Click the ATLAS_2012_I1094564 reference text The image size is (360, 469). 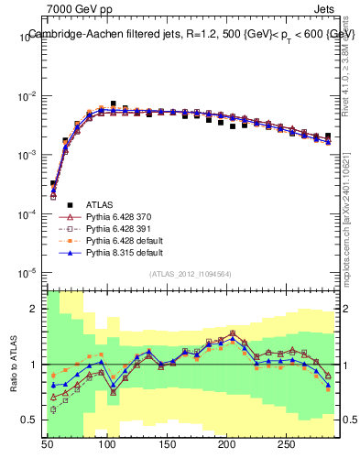[x=191, y=274]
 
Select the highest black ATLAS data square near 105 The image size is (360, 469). [x=113, y=104]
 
